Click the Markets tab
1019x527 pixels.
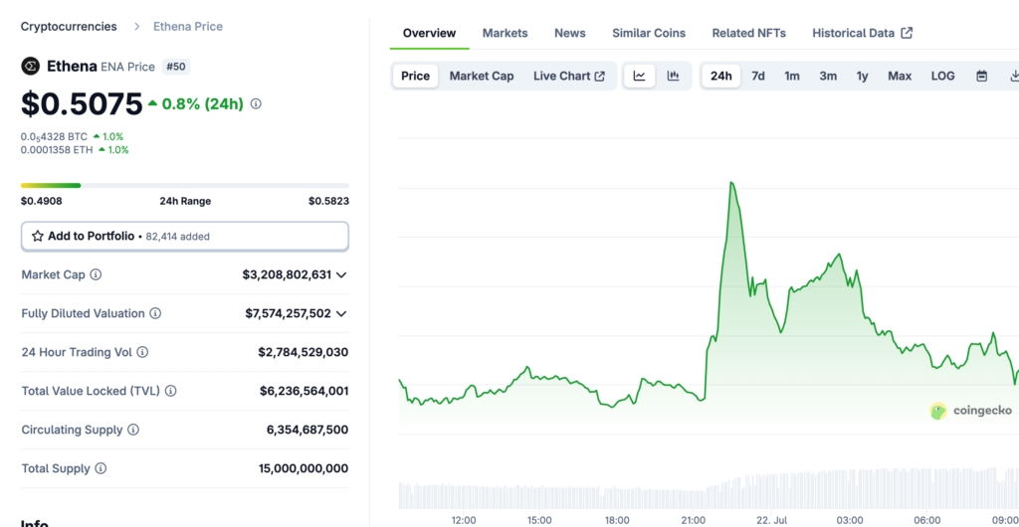(505, 33)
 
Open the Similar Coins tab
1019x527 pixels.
(649, 33)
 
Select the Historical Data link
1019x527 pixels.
(863, 33)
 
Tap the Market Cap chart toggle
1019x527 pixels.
(482, 76)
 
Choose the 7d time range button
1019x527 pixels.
(757, 76)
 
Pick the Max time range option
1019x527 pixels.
(900, 76)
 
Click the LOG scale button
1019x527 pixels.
(943, 76)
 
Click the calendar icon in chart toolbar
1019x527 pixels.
(982, 76)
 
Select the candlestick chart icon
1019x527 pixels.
(674, 76)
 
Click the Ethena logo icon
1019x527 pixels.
(31, 67)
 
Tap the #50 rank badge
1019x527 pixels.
(176, 67)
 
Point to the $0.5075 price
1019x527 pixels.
(82, 103)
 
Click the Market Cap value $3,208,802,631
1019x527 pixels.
(287, 274)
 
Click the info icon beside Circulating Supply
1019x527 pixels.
(132, 430)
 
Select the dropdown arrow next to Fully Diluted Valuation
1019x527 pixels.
(341, 314)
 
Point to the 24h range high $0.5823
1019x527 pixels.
(328, 201)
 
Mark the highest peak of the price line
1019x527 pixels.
(731, 183)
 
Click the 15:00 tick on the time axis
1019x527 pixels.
(540, 520)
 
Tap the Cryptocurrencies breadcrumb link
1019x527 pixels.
(69, 27)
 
